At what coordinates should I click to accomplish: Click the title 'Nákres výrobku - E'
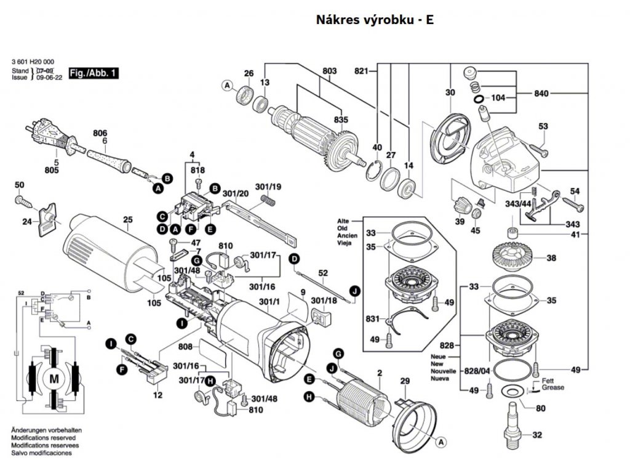click(x=375, y=19)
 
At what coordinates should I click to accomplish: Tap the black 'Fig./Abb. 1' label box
click(x=93, y=73)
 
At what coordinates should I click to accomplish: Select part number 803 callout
click(x=330, y=71)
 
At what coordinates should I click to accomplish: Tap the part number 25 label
click(x=128, y=220)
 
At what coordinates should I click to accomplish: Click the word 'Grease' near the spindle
click(x=552, y=388)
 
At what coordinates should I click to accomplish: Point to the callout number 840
click(x=541, y=94)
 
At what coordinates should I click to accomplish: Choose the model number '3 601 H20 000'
click(x=33, y=62)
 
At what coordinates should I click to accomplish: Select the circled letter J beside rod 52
click(x=354, y=290)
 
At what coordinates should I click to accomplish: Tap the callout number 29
click(x=404, y=382)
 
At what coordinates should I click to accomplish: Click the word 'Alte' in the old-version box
click(x=343, y=220)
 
